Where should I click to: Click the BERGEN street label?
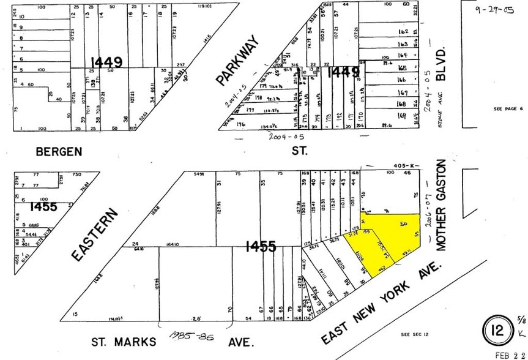(58, 151)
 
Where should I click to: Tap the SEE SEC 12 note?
(414, 334)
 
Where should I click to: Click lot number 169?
(402, 115)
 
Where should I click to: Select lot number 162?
(402, 31)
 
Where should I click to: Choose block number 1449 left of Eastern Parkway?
(106, 62)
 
